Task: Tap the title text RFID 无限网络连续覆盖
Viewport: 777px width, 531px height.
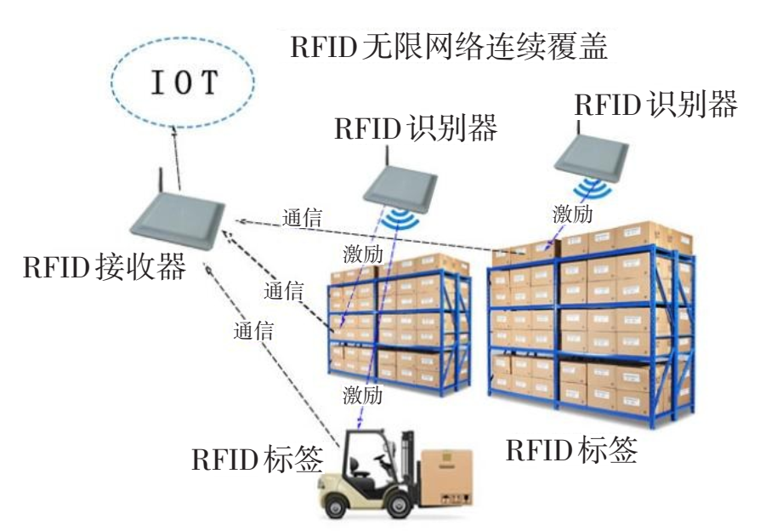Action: click(450, 47)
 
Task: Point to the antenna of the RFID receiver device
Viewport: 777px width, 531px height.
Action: click(161, 182)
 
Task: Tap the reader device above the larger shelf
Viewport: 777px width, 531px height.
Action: click(594, 156)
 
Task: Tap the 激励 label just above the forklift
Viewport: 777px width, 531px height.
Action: click(363, 395)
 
